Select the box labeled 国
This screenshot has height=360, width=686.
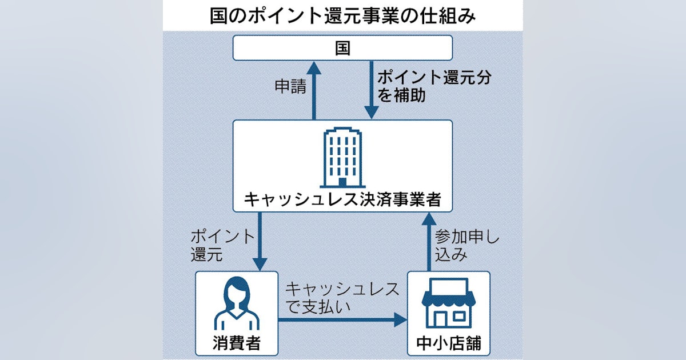342,48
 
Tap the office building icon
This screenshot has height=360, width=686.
342,157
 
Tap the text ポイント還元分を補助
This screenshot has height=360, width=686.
417,86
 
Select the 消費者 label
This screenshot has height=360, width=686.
236,344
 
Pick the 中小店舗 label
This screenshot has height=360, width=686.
448,344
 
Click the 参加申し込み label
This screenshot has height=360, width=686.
466,245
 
